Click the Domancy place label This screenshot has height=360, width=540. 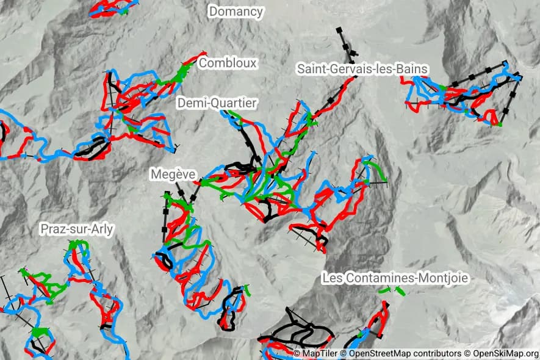click(x=236, y=11)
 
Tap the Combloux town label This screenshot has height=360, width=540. click(x=228, y=63)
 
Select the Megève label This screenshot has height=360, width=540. click(x=173, y=175)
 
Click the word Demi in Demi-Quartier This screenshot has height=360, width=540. click(x=191, y=104)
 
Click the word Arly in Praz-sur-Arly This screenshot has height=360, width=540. click(x=102, y=229)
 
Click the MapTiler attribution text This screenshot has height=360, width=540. click(x=319, y=354)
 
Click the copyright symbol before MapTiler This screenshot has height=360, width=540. click(x=297, y=354)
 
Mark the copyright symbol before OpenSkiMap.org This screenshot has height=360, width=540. click(x=468, y=354)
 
